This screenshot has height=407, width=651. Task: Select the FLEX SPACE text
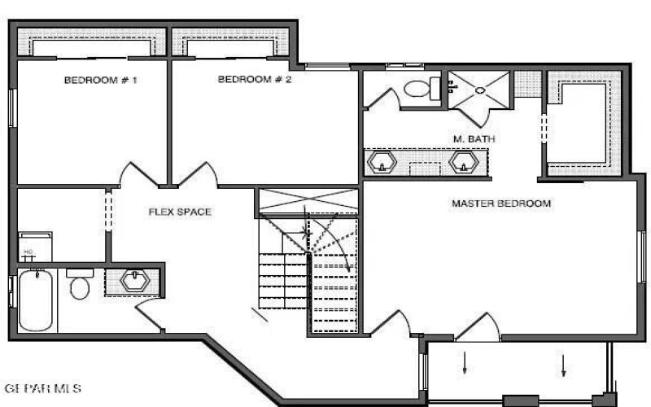(180, 212)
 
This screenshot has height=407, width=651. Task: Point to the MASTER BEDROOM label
(501, 203)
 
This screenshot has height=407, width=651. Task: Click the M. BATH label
(474, 139)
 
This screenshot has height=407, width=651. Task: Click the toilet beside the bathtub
(79, 286)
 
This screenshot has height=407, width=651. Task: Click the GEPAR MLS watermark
(42, 388)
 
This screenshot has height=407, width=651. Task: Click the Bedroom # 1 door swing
(135, 174)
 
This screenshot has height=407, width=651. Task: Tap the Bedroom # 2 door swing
(201, 173)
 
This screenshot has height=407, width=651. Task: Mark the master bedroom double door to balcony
(477, 327)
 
